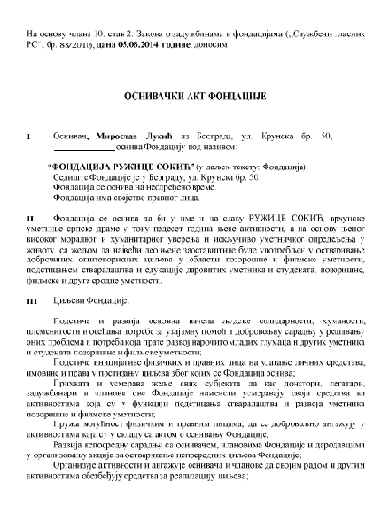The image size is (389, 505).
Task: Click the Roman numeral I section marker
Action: [29, 138]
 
